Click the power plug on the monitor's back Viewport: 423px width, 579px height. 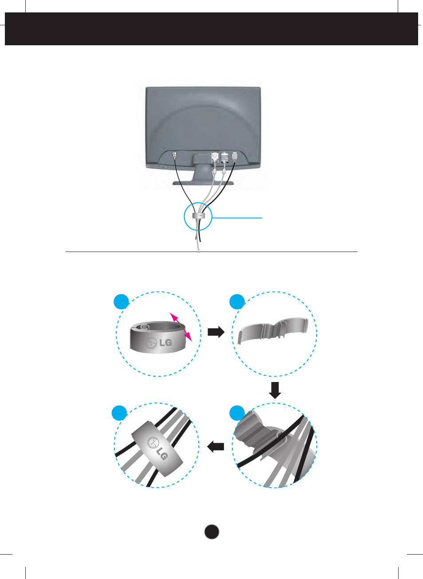click(175, 156)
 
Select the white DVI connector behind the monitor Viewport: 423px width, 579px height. click(215, 157)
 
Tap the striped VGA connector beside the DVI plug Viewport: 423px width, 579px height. click(224, 158)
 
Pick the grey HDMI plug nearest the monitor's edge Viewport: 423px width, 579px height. click(235, 157)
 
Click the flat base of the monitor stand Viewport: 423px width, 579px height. click(203, 183)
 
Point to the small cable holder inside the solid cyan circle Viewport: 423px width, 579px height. click(198, 215)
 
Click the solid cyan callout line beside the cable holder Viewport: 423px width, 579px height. click(237, 218)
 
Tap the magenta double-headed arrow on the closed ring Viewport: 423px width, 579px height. click(181, 327)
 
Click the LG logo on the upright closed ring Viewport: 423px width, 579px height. click(159, 343)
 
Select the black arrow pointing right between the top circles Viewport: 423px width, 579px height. click(216, 332)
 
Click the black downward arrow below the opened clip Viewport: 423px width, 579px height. click(275, 390)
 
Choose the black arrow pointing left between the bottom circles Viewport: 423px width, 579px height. click(215, 447)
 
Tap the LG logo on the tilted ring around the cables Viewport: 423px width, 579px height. click(157, 449)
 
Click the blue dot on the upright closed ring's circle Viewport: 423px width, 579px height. click(121, 301)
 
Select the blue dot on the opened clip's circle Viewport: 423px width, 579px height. click(237, 301)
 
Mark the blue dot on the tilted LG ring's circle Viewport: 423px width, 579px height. click(119, 413)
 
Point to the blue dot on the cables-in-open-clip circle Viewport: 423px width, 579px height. click(237, 413)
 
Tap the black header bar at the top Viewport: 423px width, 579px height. click(211, 29)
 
